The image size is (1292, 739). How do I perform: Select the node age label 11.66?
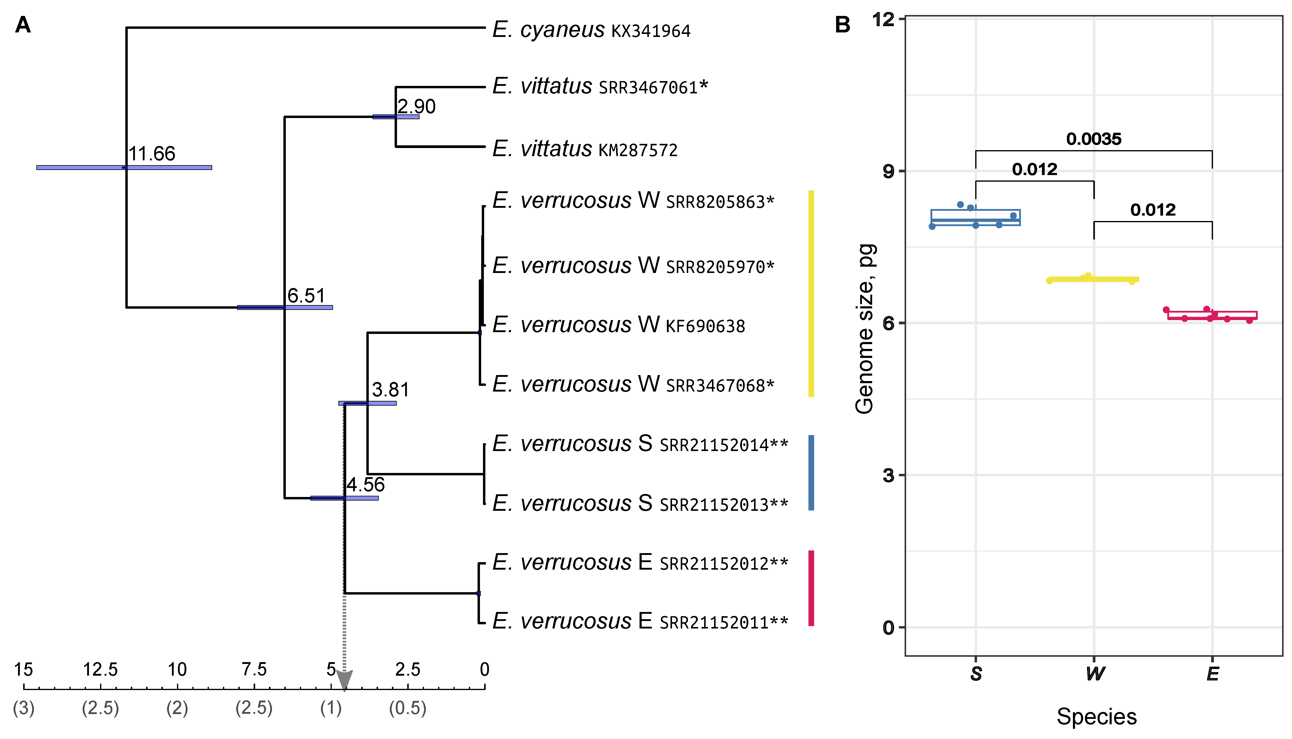(x=151, y=153)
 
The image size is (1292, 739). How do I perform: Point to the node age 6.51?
(x=306, y=295)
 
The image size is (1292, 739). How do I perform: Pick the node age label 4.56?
(x=365, y=485)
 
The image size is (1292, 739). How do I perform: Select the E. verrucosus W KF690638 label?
(x=619, y=325)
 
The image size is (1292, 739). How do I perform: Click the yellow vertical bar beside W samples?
(x=811, y=293)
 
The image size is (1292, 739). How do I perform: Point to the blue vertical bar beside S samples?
(x=811, y=473)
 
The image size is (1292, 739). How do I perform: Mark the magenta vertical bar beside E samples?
(x=811, y=588)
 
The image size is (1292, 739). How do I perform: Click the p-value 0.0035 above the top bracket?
(x=1093, y=138)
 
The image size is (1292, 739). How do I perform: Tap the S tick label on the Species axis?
(x=976, y=674)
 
